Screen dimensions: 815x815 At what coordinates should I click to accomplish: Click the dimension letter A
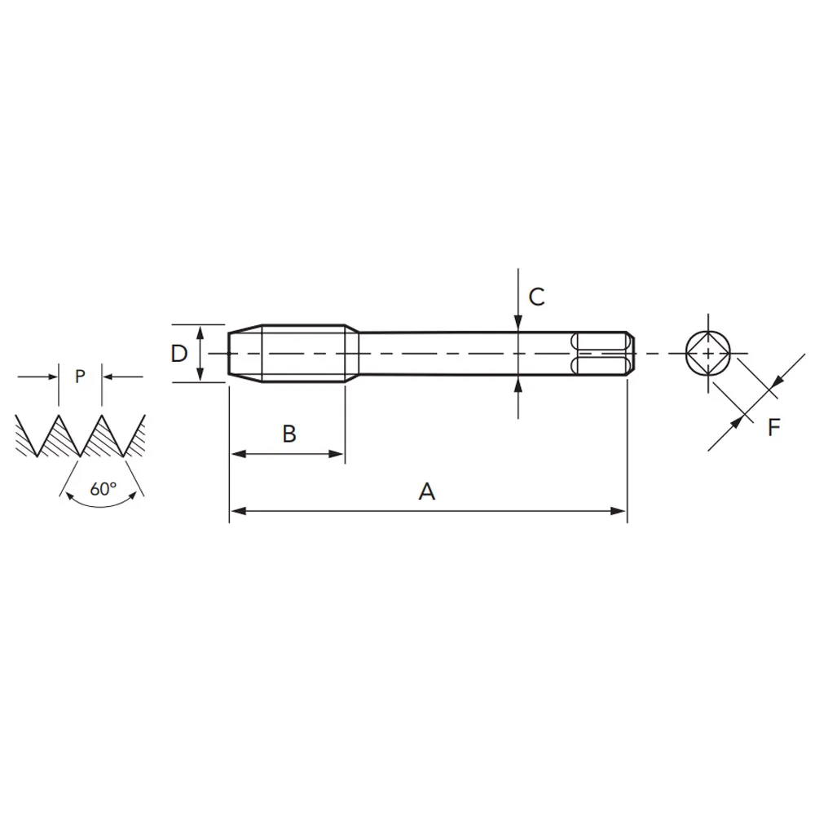pyautogui.click(x=427, y=491)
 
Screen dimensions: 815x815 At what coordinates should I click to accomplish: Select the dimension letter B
pyautogui.click(x=289, y=434)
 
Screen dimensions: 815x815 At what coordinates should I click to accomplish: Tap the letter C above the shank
pyautogui.click(x=536, y=297)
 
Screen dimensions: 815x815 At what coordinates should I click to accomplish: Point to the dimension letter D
pyautogui.click(x=178, y=354)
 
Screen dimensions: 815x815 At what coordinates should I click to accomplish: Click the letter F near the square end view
pyautogui.click(x=774, y=427)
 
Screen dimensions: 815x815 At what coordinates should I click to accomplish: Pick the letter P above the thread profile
pyautogui.click(x=80, y=377)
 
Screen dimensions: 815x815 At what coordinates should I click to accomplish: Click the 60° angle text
pyautogui.click(x=103, y=489)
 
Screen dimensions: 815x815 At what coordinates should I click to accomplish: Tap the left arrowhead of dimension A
pyautogui.click(x=238, y=512)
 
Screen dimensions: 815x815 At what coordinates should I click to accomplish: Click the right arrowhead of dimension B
pyautogui.click(x=337, y=454)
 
